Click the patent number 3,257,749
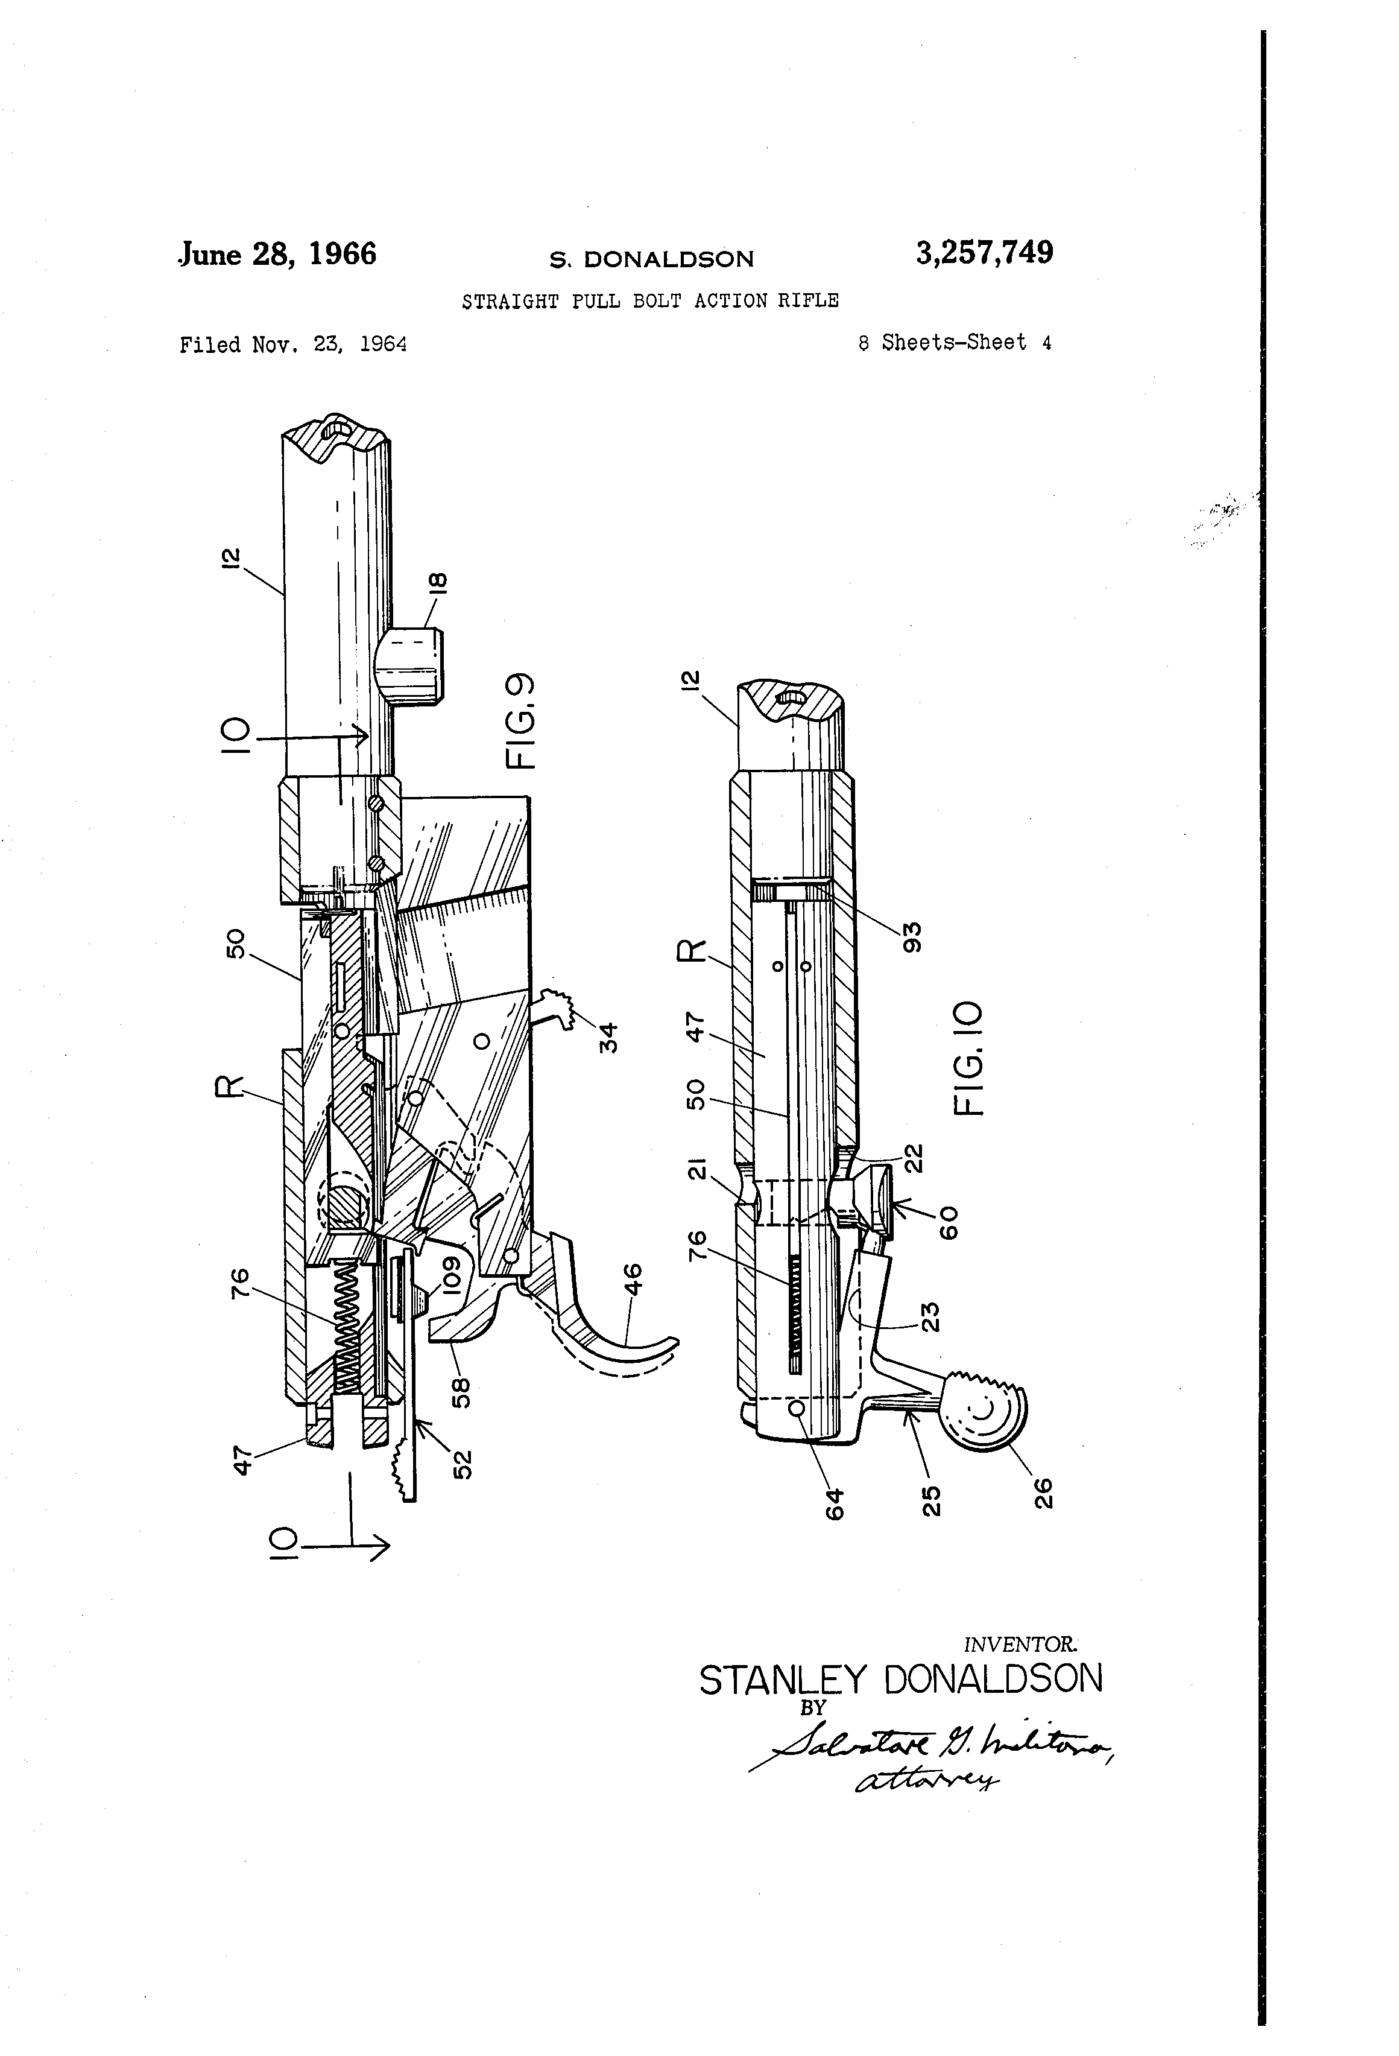984,253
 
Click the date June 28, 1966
277,255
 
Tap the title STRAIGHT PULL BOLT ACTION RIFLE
650,301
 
